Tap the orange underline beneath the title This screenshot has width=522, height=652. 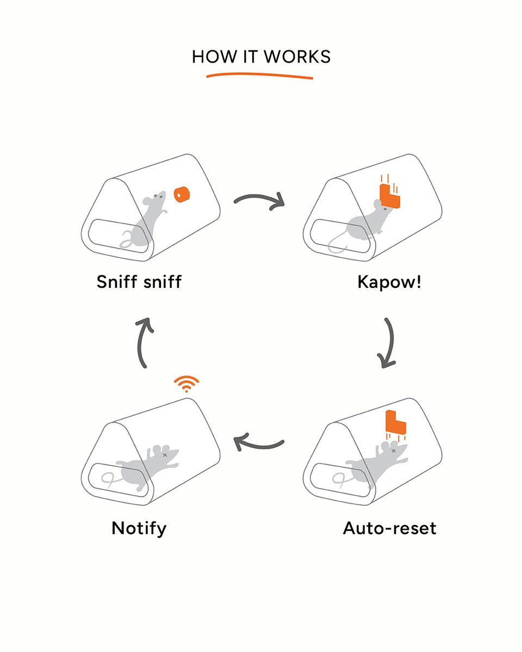260,75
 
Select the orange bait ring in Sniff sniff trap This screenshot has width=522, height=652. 181,194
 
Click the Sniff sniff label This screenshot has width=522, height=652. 139,282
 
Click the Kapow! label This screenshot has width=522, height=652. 389,282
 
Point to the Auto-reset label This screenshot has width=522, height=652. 389,528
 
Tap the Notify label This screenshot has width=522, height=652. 139,528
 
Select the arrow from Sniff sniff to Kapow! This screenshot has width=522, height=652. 260,200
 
